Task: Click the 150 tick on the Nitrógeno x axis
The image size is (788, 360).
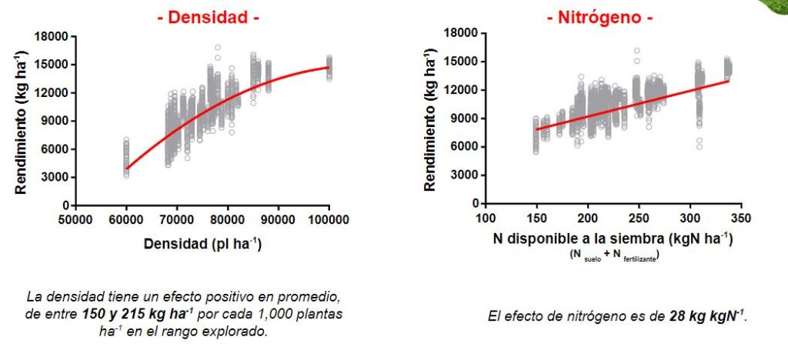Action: [x=536, y=218]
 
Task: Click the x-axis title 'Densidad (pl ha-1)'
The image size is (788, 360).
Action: [x=202, y=244]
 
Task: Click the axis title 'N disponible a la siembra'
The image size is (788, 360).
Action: [x=612, y=239]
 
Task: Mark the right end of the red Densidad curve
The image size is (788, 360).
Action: [x=329, y=68]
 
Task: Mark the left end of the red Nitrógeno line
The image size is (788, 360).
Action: [x=536, y=129]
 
